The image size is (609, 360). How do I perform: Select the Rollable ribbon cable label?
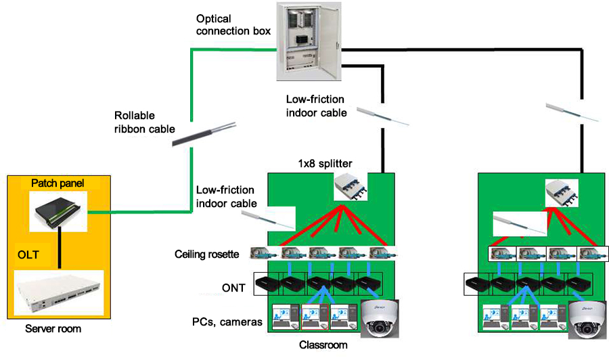point(144,122)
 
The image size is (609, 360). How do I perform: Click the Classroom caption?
point(323,345)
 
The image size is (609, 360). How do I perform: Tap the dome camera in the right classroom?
point(587,317)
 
